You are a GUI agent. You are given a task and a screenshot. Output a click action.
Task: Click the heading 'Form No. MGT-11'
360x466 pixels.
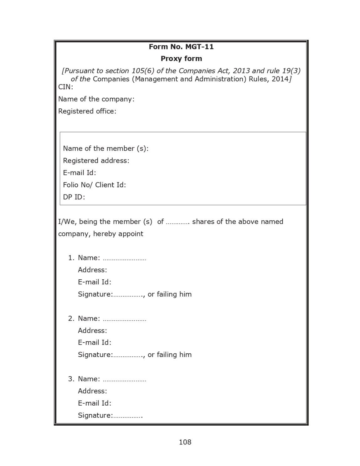tap(181, 47)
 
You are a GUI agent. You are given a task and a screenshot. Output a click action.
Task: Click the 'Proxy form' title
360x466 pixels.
tap(181, 59)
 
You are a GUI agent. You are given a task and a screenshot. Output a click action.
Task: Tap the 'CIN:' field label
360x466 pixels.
tap(65, 87)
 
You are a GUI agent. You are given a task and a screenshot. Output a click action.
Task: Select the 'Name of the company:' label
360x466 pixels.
tap(96, 99)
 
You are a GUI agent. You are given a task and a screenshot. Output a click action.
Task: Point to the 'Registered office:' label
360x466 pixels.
tap(87, 111)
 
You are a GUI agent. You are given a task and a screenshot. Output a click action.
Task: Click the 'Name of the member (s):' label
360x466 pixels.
tap(105, 148)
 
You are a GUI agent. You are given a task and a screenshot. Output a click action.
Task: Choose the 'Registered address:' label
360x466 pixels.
tap(96, 161)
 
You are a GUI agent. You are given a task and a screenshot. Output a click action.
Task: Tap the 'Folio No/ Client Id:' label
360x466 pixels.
tap(94, 185)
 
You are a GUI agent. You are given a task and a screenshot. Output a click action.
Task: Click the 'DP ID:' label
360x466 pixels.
tap(74, 197)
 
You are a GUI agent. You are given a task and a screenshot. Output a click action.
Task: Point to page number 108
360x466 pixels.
tap(185, 442)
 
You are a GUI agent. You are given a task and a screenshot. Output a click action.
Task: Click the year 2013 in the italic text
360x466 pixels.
tap(241, 71)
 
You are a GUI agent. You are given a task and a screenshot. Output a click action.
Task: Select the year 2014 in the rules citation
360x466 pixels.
tap(280, 79)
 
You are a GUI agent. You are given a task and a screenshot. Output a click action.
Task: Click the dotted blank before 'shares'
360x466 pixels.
tap(177, 223)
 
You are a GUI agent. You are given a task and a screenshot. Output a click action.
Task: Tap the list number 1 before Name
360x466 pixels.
tap(71, 258)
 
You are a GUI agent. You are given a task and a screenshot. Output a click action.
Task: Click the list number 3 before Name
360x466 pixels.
tap(71, 379)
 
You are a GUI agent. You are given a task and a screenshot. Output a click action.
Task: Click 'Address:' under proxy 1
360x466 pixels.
tap(92, 270)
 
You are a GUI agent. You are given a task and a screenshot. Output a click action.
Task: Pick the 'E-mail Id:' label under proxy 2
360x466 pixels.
tap(95, 343)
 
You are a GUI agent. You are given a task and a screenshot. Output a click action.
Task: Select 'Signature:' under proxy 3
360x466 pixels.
tap(95, 415)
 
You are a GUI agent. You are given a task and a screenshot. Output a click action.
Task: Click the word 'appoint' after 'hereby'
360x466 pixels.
tap(131, 234)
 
